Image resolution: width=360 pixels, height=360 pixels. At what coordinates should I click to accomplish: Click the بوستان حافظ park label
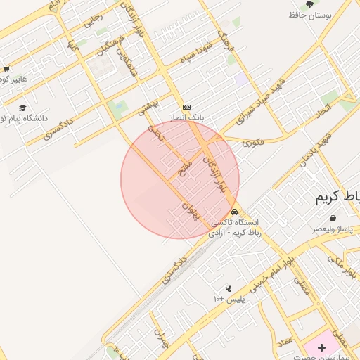pos(307,14)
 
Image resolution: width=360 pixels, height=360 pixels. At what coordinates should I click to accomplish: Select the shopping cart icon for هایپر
pos(6,69)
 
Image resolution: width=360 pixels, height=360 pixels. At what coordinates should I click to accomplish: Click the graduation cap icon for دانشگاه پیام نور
pos(22,108)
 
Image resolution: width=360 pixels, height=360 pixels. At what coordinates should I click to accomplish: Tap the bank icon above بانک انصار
pos(186,106)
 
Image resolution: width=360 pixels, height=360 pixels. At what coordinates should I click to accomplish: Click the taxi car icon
pos(233,212)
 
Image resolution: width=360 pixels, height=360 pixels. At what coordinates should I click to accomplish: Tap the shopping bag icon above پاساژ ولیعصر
pos(331,218)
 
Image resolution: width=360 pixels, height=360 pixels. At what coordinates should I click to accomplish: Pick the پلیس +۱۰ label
pos(229,299)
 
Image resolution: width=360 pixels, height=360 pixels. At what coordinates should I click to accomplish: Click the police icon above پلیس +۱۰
pos(229,288)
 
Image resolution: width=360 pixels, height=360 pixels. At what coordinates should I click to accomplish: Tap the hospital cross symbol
pos(322,347)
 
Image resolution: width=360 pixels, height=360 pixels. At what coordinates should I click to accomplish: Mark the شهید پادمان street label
pos(314,148)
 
